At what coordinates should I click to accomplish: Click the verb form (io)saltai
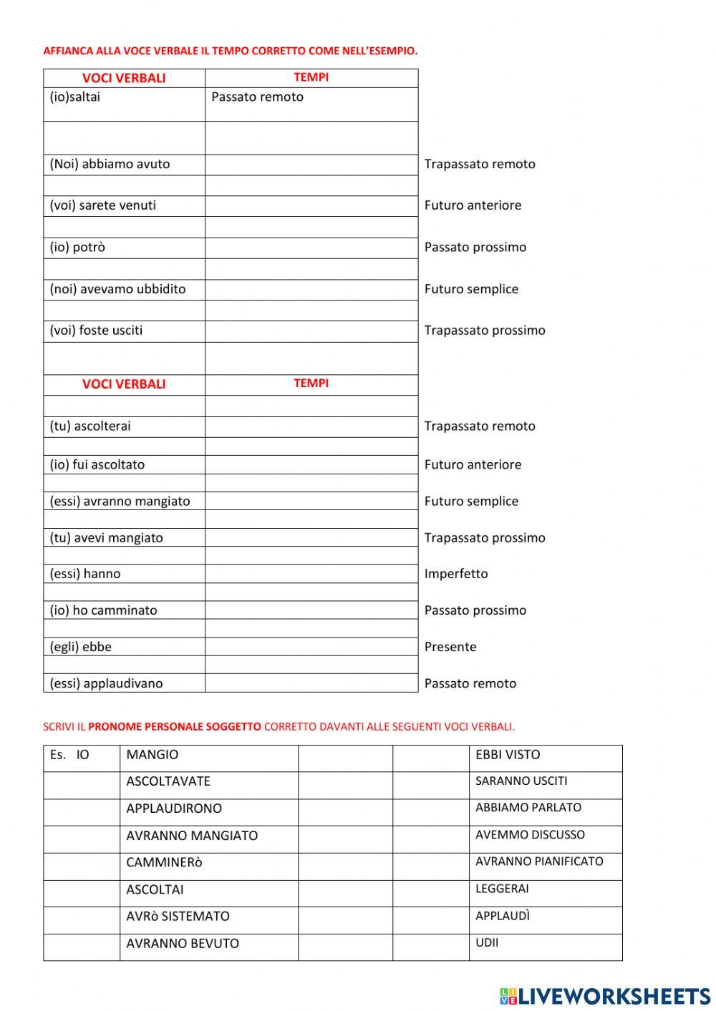[x=75, y=97]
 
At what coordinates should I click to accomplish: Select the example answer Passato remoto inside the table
[x=257, y=97]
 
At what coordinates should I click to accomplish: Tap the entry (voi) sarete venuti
[x=102, y=205]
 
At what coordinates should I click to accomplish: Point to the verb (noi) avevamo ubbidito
[x=117, y=289]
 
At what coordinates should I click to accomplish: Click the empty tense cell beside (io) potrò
[x=311, y=248]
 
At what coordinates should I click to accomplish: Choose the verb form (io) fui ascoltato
[x=97, y=465]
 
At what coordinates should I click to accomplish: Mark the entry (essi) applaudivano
[x=106, y=683]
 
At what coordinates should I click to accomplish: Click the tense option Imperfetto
[x=456, y=574]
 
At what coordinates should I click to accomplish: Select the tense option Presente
[x=450, y=647]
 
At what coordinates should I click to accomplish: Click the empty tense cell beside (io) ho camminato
[x=311, y=610]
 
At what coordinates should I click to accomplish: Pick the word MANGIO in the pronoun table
[x=153, y=755]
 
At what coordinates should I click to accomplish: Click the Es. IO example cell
[x=70, y=755]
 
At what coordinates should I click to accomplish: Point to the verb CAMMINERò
[x=164, y=863]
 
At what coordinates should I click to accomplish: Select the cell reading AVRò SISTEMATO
[x=178, y=917]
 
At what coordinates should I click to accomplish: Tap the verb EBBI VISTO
[x=508, y=755]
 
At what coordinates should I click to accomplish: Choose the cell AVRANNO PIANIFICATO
[x=539, y=862]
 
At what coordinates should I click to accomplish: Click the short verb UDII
[x=487, y=943]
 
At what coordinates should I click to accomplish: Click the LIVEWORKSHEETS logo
[x=604, y=996]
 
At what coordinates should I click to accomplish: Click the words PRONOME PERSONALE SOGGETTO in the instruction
[x=175, y=727]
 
